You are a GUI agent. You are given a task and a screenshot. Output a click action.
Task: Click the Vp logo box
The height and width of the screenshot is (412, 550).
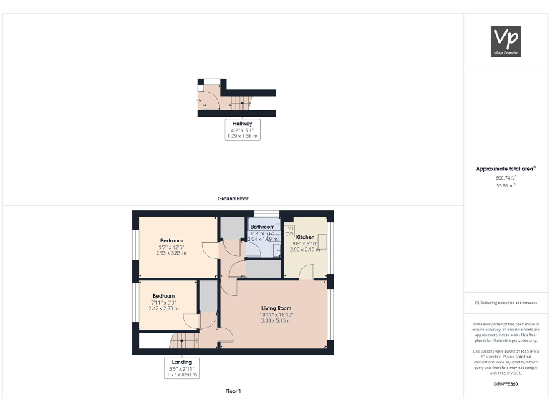pyautogui.click(x=506, y=41)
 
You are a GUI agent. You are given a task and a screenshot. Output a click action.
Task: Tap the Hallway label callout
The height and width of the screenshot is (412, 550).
pyautogui.click(x=242, y=129)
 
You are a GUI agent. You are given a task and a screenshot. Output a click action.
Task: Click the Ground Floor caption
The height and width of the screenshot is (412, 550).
pyautogui.click(x=233, y=198)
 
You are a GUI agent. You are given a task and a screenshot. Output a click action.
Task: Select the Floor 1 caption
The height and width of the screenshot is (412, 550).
pyautogui.click(x=233, y=391)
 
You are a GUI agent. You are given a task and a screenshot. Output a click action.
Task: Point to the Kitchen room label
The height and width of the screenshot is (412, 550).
pyautogui.click(x=305, y=237)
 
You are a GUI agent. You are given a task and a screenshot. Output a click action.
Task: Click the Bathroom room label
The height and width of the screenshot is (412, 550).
pyautogui.click(x=263, y=227)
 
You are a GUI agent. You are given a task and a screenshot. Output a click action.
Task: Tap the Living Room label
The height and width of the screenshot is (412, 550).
pyautogui.click(x=275, y=308)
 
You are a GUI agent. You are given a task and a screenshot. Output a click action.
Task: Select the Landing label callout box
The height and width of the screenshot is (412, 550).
pyautogui.click(x=180, y=367)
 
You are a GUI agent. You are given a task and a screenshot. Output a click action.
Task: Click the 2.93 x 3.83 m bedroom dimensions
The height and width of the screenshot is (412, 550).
pyautogui.click(x=172, y=253)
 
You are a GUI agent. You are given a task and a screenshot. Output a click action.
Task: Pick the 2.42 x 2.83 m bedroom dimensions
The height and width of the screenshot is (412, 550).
pyautogui.click(x=163, y=308)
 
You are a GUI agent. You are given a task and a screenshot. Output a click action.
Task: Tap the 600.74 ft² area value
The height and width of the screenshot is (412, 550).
pyautogui.click(x=506, y=177)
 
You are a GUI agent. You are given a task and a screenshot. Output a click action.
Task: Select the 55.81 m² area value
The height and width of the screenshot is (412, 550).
pyautogui.click(x=506, y=185)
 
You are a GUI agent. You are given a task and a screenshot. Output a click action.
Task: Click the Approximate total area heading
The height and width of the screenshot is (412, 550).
pyautogui.click(x=506, y=169)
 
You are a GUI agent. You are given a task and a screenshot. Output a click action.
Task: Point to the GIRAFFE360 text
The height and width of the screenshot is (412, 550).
pyautogui.click(x=506, y=385)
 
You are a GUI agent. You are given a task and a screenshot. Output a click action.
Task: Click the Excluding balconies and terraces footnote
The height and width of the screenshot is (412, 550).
pyautogui.click(x=506, y=303)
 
